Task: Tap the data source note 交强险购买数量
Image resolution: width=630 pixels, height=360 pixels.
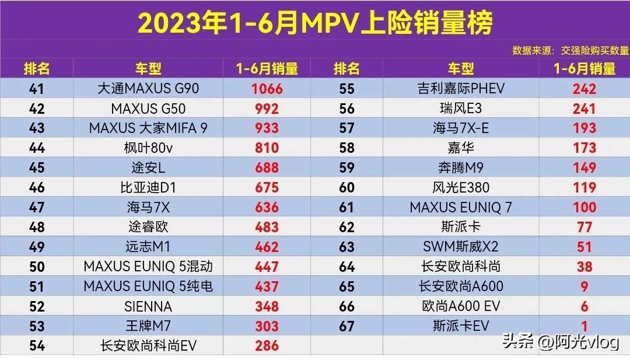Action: point(570,51)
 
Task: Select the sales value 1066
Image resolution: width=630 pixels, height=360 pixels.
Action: point(267,89)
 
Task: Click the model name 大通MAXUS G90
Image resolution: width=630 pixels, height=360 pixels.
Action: point(148,89)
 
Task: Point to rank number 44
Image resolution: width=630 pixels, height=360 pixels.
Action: point(37,148)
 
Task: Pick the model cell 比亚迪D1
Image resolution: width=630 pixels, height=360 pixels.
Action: point(148,188)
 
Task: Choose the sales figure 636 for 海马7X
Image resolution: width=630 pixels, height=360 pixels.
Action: point(267,208)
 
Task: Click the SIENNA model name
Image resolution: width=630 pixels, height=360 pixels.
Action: point(148,306)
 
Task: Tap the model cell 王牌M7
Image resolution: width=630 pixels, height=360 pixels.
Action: point(148,326)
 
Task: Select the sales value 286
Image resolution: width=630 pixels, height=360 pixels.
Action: point(267,346)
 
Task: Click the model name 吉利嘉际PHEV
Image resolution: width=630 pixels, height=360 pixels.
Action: point(461,89)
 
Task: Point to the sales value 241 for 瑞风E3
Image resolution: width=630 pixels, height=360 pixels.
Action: point(584,109)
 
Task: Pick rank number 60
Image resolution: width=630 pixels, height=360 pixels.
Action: point(346,188)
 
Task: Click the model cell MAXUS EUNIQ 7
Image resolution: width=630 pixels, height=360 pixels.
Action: point(461,208)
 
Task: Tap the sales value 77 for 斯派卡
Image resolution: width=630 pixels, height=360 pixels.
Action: point(584,227)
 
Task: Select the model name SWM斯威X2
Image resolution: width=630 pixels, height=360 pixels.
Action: point(461,247)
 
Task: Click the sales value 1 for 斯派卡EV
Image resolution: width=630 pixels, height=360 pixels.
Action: point(584,326)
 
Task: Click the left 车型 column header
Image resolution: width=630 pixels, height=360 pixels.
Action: point(148,69)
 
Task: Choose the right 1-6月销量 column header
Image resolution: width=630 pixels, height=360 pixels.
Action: point(584,69)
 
